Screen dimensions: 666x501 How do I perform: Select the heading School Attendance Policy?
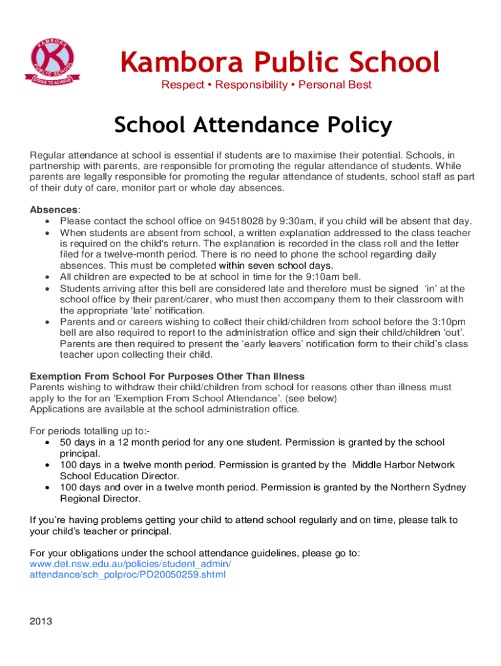(x=253, y=125)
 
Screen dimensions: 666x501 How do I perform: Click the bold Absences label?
(x=54, y=209)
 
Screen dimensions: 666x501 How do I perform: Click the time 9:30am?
(x=293, y=221)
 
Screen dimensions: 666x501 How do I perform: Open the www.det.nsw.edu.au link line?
(x=130, y=564)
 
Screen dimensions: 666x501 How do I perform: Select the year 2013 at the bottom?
(x=41, y=620)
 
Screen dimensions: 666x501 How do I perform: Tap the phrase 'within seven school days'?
(x=276, y=265)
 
